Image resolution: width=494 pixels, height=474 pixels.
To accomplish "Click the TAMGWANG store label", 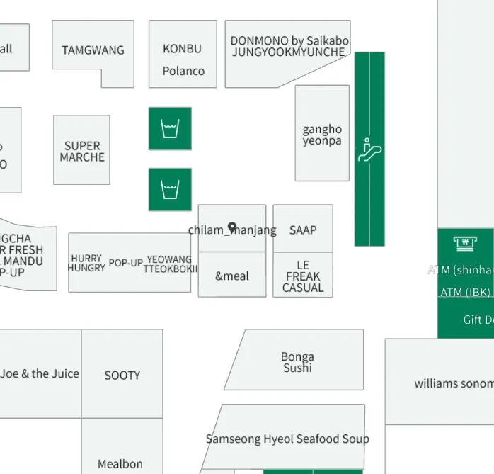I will (x=93, y=50).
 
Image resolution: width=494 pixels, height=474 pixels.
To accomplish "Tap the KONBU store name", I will (x=182, y=49).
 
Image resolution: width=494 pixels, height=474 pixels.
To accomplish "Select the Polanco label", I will (x=183, y=71).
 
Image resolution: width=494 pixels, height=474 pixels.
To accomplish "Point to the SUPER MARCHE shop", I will (x=82, y=152).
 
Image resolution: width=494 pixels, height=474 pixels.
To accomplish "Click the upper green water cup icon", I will (x=170, y=129).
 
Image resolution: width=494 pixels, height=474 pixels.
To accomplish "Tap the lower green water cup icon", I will (x=170, y=190).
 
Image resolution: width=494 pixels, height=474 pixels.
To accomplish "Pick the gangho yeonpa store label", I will (x=322, y=135).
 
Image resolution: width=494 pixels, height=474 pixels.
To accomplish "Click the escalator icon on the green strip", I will (x=369, y=149).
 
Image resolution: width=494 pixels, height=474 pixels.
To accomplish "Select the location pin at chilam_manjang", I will (x=232, y=228).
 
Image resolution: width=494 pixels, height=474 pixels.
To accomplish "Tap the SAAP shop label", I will (x=303, y=230).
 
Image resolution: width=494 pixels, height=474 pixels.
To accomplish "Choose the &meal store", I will (x=232, y=276).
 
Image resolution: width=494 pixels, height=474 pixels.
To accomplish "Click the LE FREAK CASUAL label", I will (x=303, y=276).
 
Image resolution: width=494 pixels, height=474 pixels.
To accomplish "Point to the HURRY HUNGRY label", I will (x=86, y=263).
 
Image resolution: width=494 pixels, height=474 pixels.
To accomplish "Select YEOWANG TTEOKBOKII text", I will (x=170, y=264).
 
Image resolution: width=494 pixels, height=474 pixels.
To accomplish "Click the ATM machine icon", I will (x=465, y=244).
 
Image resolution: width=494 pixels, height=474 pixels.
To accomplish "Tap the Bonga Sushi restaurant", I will (x=297, y=362).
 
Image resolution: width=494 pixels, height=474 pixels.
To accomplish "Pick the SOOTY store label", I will (x=122, y=376).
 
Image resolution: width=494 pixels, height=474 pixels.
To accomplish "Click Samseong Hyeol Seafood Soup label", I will (x=287, y=439).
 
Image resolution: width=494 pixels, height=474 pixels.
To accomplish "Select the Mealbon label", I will (x=120, y=464).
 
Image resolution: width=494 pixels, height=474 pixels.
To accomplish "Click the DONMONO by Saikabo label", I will (x=289, y=41).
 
